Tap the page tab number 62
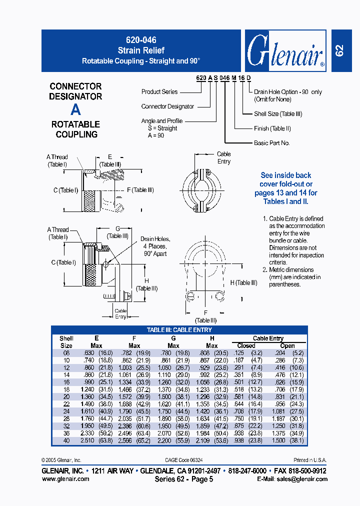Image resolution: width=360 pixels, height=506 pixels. (339, 50)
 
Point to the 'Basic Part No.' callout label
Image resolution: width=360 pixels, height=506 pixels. (271, 143)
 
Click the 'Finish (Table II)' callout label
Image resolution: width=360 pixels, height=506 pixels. (272, 128)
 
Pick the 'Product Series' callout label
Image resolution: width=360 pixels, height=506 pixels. (159, 92)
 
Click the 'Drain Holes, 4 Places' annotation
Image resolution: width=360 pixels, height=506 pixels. (155, 246)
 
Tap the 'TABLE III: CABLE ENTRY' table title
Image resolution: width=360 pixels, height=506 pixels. (179, 330)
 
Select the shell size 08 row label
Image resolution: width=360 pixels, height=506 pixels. (66, 353)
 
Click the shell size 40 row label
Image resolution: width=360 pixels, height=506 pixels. (66, 440)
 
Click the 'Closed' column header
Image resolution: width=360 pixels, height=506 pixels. (246, 345)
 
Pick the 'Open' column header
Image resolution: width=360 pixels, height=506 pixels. (287, 345)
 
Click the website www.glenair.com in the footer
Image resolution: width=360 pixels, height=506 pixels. (65, 479)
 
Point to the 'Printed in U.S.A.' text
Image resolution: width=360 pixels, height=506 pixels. (309, 460)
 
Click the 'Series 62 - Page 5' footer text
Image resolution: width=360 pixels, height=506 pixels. (184, 479)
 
